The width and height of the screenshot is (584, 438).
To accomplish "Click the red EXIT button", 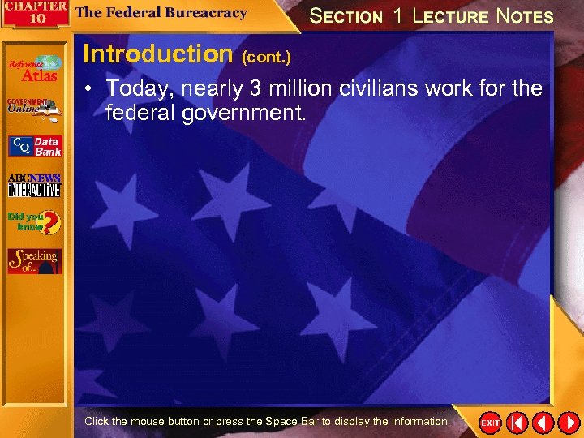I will point(490,423).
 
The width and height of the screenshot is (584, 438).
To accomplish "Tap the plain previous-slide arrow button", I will point(543,423).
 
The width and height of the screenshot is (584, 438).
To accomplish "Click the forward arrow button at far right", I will point(569,423).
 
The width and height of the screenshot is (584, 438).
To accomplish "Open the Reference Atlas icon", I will point(34,69).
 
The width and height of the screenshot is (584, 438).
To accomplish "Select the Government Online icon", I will point(34,109).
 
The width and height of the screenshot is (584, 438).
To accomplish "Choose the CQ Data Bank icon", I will point(34,146).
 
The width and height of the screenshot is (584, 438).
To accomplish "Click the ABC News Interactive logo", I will point(34,185).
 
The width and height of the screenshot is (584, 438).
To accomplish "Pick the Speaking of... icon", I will point(34,260).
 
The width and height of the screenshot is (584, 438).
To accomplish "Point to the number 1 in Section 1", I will point(397,15).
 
